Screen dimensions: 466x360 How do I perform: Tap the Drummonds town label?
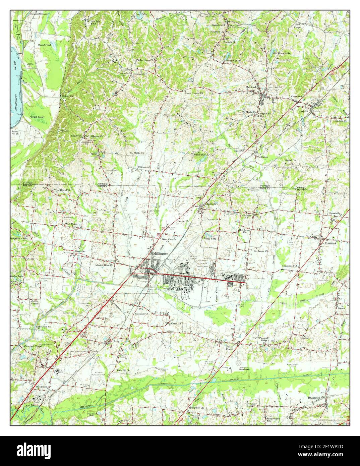(x=138, y=74)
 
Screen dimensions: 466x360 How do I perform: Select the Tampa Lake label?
(x=210, y=238)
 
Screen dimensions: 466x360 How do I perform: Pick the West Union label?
(x=71, y=224)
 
